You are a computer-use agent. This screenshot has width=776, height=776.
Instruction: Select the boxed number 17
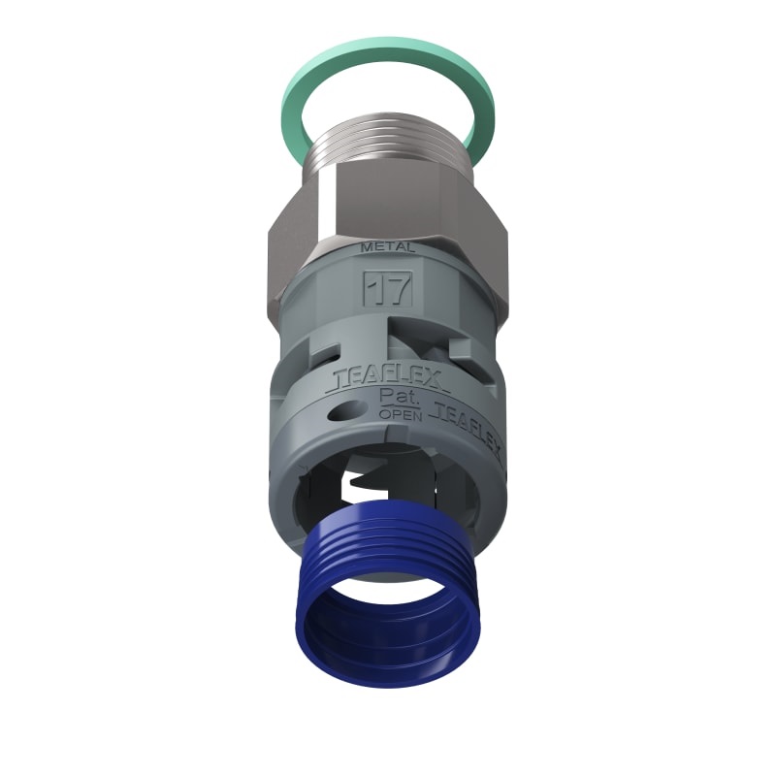click(388, 287)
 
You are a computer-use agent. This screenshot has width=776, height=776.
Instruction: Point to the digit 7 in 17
click(397, 287)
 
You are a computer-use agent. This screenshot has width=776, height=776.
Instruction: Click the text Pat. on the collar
click(394, 397)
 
